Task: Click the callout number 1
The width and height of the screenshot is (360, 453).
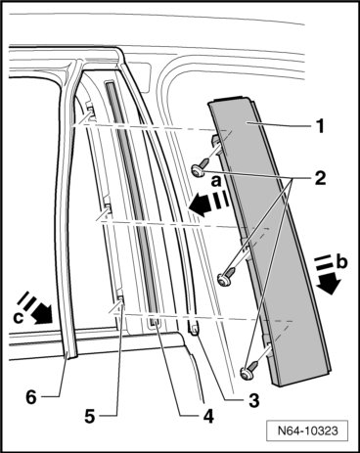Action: pos(321,126)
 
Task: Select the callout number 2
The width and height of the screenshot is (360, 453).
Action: pos(320,178)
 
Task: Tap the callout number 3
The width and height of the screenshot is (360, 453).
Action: pos(253,400)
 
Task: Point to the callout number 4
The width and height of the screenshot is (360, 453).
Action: pos(207,417)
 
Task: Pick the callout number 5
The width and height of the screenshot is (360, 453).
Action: pos(89,417)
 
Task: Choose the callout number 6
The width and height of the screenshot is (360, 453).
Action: pos(31,397)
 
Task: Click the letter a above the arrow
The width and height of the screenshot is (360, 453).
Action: pos(216,181)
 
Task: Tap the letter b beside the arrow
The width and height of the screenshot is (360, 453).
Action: pos(341,261)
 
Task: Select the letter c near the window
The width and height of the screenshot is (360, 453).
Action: pos(19,318)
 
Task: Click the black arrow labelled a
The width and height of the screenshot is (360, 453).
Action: pos(208,204)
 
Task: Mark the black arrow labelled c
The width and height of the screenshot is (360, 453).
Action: pos(36,308)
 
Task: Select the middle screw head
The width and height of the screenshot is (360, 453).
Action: pos(224,279)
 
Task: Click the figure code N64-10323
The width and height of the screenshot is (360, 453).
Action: pos(307,430)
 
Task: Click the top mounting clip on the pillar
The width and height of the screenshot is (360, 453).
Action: pos(90,111)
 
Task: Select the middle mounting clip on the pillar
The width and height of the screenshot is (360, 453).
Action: pos(108,207)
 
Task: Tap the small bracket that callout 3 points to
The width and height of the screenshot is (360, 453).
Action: pos(194,329)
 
